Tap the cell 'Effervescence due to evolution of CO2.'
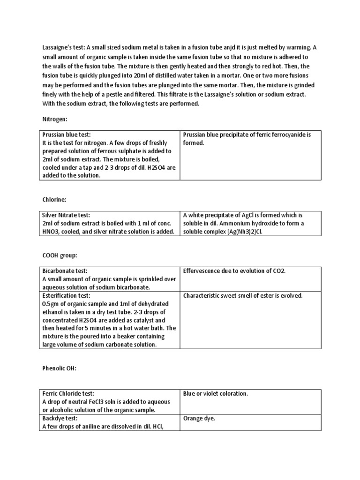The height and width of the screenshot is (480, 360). pos(234,270)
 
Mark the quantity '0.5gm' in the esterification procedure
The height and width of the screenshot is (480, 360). pos(51,304)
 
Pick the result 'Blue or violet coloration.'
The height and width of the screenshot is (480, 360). pos(215,393)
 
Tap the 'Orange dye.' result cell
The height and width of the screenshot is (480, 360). pos(199,418)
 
